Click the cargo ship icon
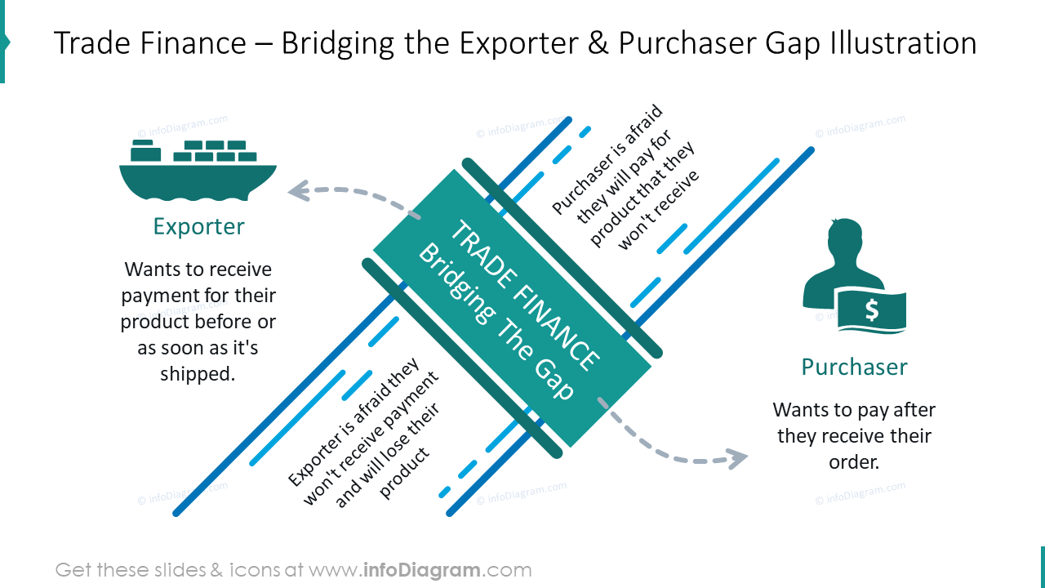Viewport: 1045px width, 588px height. (198, 170)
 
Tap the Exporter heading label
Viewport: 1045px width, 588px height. (198, 227)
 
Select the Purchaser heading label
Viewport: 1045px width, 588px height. (854, 367)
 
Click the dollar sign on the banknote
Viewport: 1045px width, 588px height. (871, 310)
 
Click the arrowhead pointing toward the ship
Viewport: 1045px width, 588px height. (300, 190)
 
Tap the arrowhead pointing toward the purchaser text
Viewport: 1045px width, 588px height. (737, 459)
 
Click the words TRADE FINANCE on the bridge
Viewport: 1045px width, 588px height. (525, 296)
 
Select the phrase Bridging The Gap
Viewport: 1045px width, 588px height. (496, 321)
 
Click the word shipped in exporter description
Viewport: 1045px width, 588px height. (198, 374)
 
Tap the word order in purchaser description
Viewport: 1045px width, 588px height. (854, 462)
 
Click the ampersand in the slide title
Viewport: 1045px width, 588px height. (598, 43)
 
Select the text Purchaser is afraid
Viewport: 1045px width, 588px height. (607, 158)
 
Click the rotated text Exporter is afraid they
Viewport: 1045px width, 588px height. (354, 422)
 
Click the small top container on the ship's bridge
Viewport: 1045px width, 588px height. (143, 142)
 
